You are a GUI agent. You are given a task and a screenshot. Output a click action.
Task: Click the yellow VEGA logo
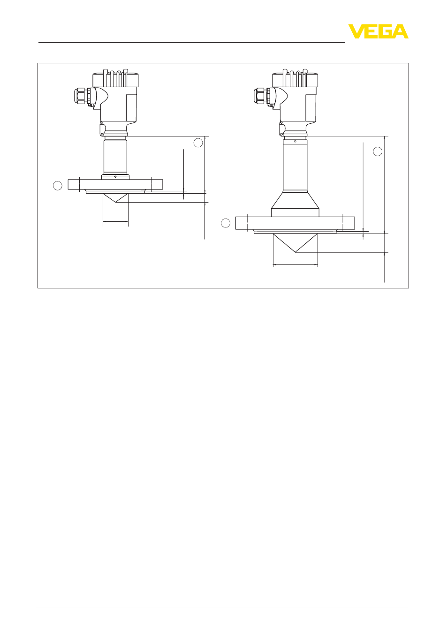coord(378,31)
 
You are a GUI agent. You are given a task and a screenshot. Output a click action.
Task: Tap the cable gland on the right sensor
coord(263,97)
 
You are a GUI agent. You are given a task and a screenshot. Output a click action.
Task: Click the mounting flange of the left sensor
coord(115,184)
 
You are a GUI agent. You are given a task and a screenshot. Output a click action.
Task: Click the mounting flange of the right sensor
coord(295,223)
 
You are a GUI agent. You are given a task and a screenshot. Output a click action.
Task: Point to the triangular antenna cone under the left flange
coord(115,197)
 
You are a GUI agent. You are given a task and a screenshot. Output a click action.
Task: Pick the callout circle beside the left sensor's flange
coord(58,186)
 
